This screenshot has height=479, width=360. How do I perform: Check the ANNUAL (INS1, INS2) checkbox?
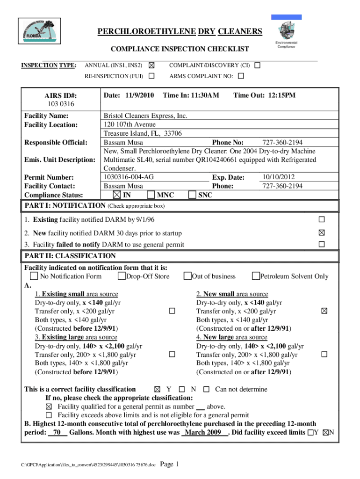[151, 65]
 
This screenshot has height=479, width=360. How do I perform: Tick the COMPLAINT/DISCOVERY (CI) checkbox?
[258, 65]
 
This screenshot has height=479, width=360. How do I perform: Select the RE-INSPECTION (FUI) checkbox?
[151, 76]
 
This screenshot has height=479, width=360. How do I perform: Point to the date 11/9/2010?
[137, 95]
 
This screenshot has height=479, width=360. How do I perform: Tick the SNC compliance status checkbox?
[192, 195]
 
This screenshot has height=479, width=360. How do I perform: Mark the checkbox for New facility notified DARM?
[321, 232]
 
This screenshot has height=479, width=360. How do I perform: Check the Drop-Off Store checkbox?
[122, 276]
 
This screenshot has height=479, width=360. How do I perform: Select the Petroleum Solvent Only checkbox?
[256, 276]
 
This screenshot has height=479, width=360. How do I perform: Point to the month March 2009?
[203, 433]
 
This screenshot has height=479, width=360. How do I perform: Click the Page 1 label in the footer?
[170, 464]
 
